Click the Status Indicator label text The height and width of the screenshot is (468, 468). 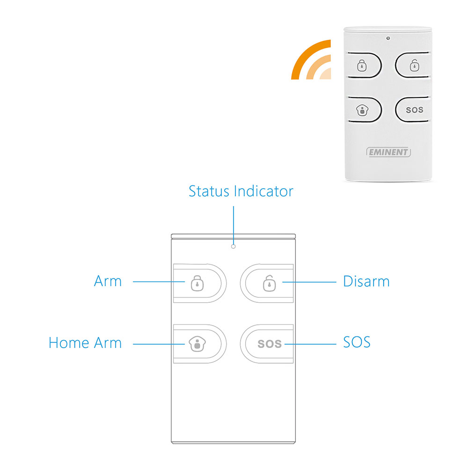[x=241, y=191]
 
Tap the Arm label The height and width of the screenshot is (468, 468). [x=108, y=281]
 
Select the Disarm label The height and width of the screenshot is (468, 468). [x=366, y=281]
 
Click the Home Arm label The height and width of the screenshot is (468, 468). [x=85, y=343]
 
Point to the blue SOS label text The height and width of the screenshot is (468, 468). [x=357, y=342]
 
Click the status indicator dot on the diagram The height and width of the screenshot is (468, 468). [x=234, y=247]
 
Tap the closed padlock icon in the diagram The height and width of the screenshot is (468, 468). [x=197, y=283]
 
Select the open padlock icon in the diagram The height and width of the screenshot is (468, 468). [x=269, y=283]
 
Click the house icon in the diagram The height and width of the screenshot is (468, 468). [x=197, y=344]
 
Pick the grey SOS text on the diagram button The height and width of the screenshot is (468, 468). [x=270, y=344]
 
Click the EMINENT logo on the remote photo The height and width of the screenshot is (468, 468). [x=388, y=152]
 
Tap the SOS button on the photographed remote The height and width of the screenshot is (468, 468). [x=413, y=110]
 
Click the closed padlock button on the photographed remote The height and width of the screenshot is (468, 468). [x=365, y=66]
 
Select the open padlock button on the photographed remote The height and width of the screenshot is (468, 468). [x=413, y=65]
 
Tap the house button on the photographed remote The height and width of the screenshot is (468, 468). [x=365, y=110]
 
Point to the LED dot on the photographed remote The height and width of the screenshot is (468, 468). [x=388, y=38]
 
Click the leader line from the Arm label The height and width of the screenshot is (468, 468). [x=159, y=281]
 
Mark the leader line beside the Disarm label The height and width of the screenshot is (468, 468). [x=309, y=282]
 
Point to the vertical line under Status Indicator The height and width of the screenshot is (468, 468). [x=234, y=226]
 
